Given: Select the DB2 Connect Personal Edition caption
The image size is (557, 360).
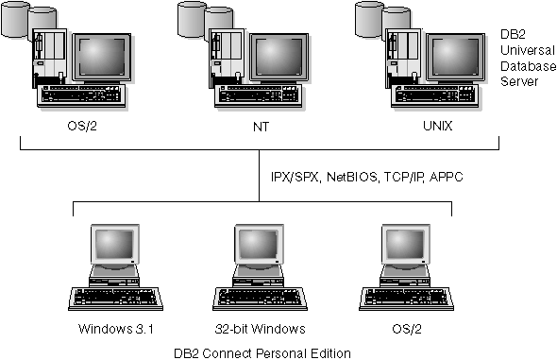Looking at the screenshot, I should tap(262, 352).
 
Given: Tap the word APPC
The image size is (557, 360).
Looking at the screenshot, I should tap(446, 176).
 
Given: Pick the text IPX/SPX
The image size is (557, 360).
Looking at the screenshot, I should tap(294, 176).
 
